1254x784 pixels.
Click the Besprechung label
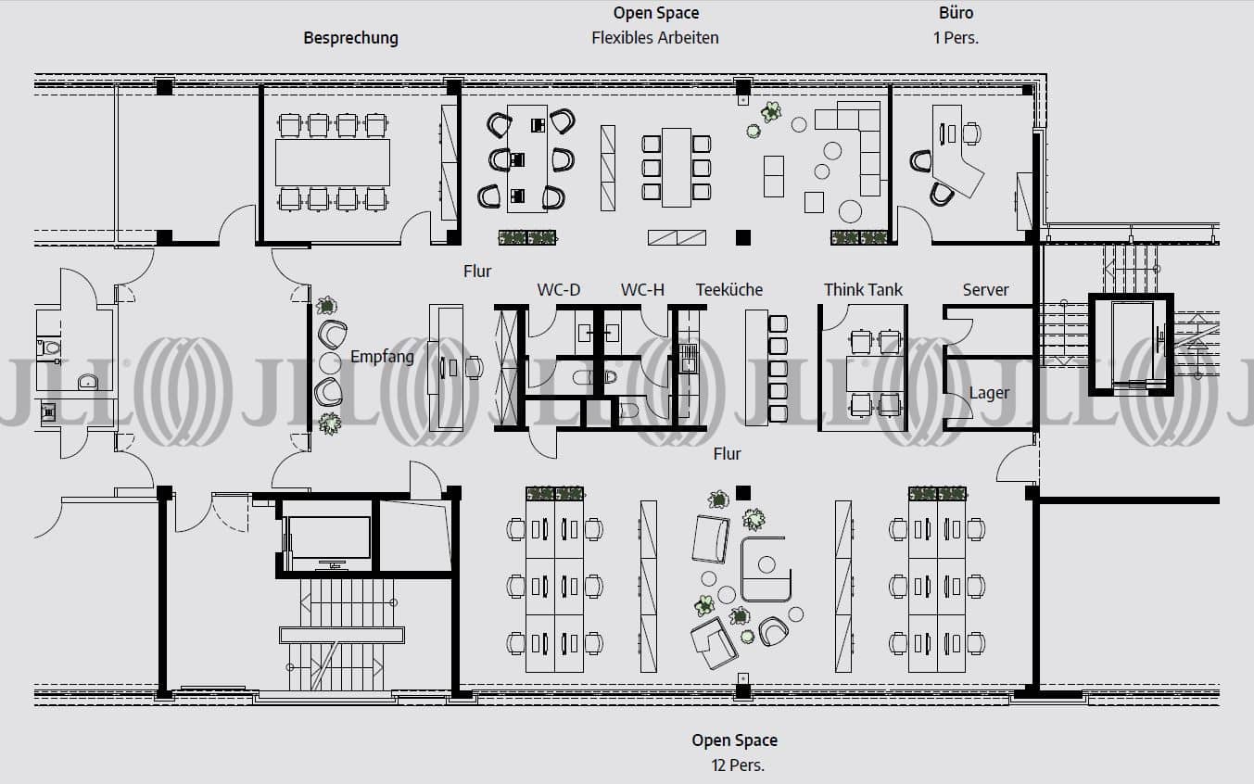pyautogui.click(x=350, y=38)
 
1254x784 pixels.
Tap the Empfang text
pyautogui.click(x=383, y=357)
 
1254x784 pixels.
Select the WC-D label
pyautogui.click(x=559, y=289)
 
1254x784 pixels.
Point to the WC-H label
pyautogui.click(x=642, y=289)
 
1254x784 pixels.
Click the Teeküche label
pyautogui.click(x=729, y=289)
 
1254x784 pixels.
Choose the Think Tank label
pyautogui.click(x=863, y=289)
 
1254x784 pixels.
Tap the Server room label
pyautogui.click(x=985, y=289)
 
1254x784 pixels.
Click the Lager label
pyautogui.click(x=989, y=393)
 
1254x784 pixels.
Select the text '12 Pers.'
pyautogui.click(x=738, y=765)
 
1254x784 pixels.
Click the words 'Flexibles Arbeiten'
pyautogui.click(x=655, y=38)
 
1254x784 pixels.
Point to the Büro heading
pyautogui.click(x=956, y=13)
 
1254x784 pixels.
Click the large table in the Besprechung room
pyautogui.click(x=333, y=162)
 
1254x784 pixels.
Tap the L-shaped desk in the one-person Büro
pyautogui.click(x=956, y=151)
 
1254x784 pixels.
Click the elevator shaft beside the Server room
pyautogui.click(x=1132, y=344)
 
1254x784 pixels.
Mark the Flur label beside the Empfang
pyautogui.click(x=477, y=271)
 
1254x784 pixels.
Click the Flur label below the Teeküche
pyautogui.click(x=727, y=453)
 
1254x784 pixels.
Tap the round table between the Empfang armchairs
pyautogui.click(x=330, y=362)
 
